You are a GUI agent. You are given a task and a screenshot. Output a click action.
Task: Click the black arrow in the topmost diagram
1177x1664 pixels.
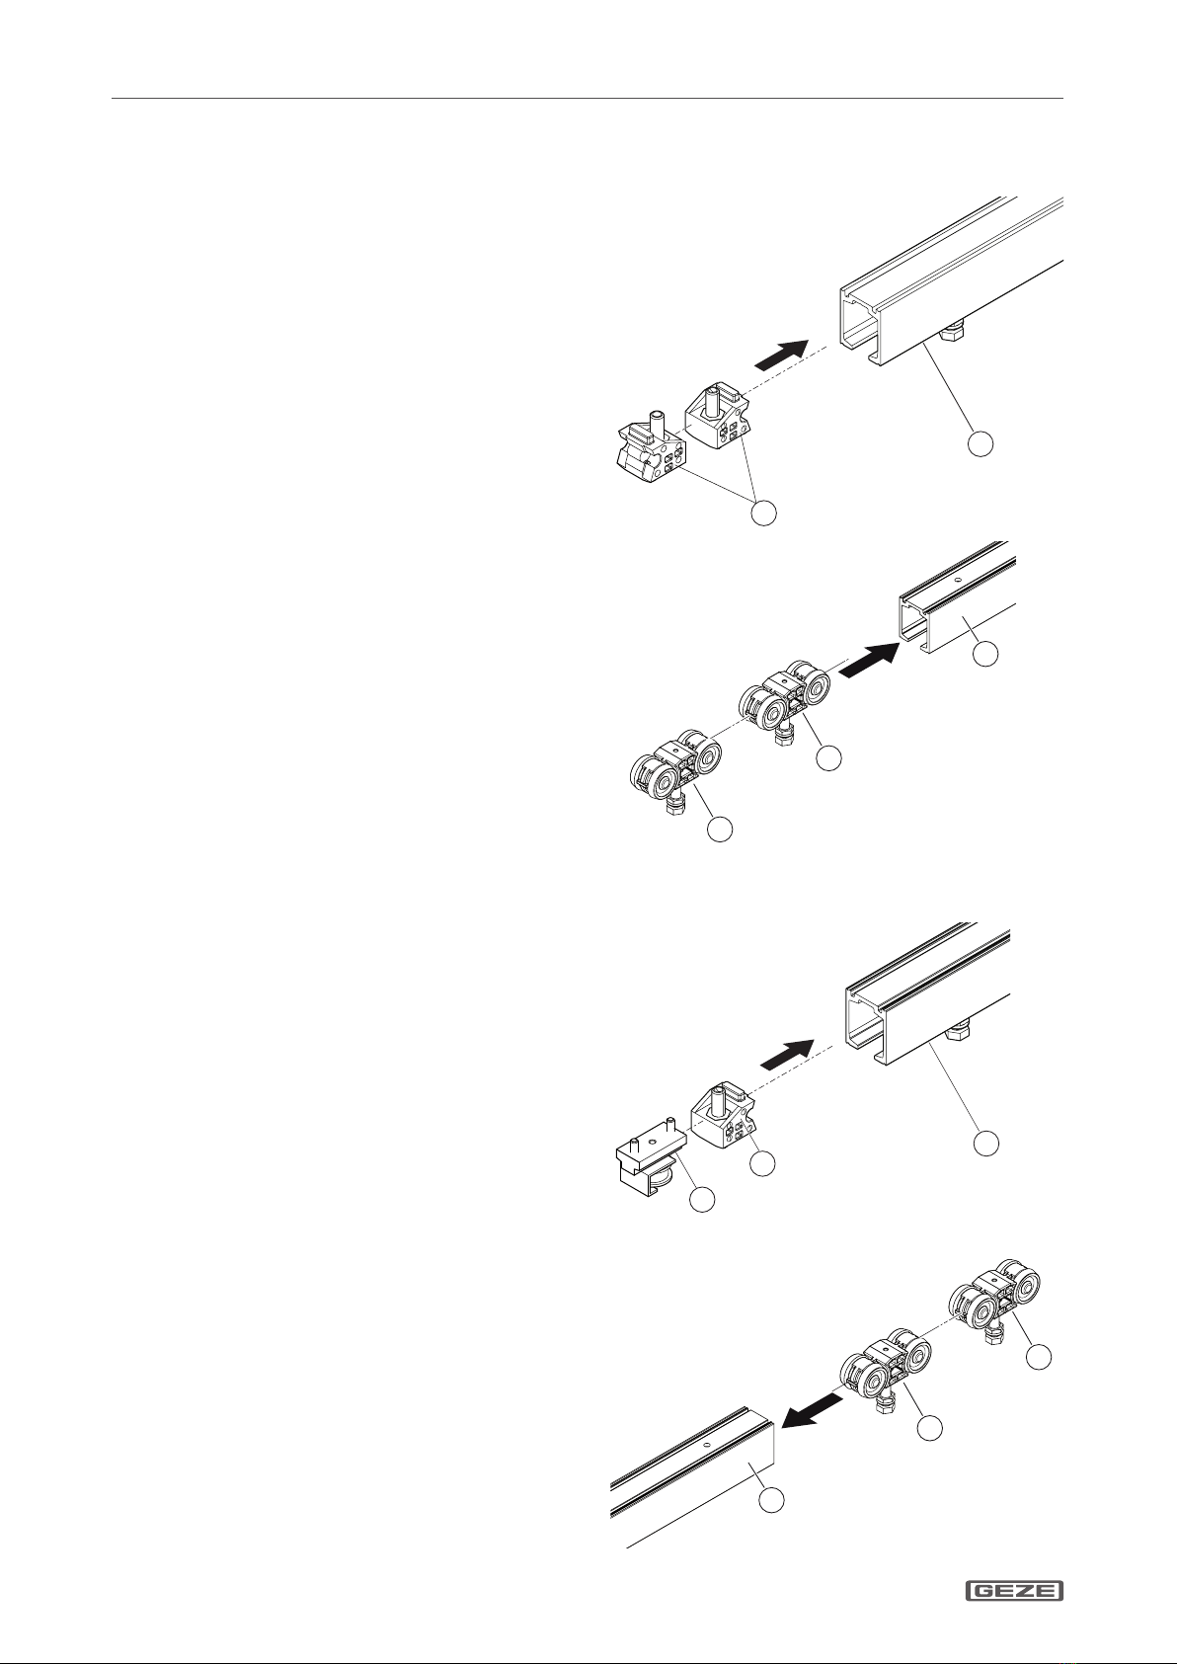click(x=781, y=354)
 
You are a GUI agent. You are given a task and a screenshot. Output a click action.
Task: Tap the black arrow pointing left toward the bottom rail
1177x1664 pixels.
click(x=814, y=1410)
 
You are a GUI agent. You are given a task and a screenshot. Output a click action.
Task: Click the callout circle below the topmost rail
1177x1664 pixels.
click(x=981, y=443)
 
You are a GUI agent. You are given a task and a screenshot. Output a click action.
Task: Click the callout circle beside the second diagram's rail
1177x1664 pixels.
click(x=985, y=653)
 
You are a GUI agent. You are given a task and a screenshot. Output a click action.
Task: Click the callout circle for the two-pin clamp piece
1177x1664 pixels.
click(x=702, y=1199)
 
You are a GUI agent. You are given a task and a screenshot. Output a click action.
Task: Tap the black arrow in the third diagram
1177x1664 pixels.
click(x=787, y=1054)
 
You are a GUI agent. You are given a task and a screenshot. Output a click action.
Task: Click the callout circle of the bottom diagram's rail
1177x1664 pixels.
click(x=771, y=1500)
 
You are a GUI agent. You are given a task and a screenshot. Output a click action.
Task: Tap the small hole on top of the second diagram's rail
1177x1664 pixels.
click(x=958, y=580)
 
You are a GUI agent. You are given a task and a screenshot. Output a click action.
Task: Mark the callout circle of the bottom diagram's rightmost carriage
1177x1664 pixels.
click(x=1038, y=1357)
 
